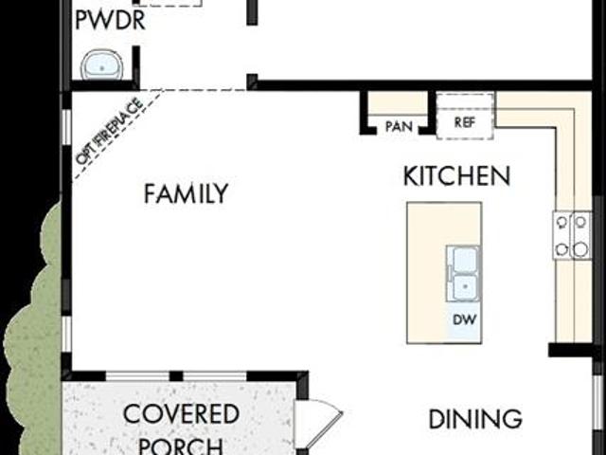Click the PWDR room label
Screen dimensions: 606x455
(110, 21)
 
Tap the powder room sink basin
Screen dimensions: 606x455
(102, 65)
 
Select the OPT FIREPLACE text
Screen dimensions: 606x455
(110, 131)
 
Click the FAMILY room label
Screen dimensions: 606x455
(186, 193)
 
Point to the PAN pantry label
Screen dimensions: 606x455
(399, 126)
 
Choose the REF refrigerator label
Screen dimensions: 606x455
(465, 122)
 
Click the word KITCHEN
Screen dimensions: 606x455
(456, 176)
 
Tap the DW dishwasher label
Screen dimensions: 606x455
(464, 319)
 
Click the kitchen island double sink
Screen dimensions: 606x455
(464, 274)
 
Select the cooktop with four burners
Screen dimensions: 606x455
(572, 235)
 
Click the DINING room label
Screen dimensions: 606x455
(475, 419)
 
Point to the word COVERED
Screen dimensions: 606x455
(181, 413)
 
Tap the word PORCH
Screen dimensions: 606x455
(181, 446)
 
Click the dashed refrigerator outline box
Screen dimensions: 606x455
(465, 115)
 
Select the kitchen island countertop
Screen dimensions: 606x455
(444, 273)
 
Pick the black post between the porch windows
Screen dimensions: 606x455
(176, 376)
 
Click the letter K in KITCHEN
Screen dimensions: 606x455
(410, 176)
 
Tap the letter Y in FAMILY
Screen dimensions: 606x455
(221, 193)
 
